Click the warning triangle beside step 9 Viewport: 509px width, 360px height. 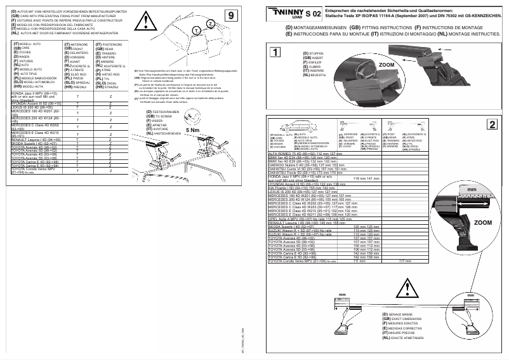click(149, 25)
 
